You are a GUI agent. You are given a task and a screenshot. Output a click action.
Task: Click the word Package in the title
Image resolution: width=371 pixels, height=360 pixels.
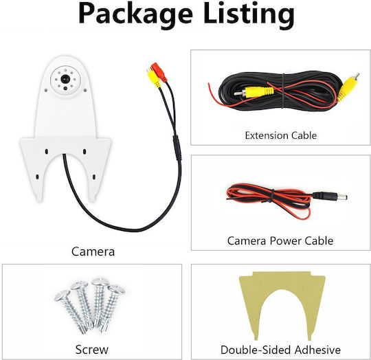[x=135, y=14]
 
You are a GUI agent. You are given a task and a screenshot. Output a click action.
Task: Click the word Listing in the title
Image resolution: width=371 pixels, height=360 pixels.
[x=249, y=14]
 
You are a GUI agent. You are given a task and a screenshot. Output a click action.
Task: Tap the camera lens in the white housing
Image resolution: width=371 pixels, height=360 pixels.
[x=65, y=79]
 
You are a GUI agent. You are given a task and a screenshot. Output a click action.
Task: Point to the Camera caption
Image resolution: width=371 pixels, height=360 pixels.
[x=93, y=251]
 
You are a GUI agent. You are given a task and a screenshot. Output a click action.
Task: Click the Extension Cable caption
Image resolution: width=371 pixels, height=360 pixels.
[x=280, y=135]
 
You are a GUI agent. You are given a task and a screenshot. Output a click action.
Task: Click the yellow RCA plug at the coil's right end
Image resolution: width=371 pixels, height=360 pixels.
[x=348, y=87]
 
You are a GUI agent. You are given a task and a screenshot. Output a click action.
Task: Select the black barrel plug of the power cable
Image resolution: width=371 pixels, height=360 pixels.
[x=330, y=196]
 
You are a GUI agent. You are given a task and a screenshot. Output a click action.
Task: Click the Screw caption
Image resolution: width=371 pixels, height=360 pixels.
[x=92, y=350]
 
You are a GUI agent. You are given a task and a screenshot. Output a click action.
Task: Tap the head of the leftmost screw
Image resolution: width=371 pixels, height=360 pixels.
[x=63, y=295]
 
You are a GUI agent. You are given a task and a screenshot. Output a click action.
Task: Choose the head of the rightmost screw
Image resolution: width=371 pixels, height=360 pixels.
[x=117, y=290]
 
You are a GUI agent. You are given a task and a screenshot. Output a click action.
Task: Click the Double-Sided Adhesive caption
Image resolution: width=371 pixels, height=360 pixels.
[x=280, y=350]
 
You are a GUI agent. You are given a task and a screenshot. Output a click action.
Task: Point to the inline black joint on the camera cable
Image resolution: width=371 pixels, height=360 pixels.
[x=177, y=148]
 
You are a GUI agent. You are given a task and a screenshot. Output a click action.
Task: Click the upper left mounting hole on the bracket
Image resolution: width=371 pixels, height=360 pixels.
[x=47, y=151]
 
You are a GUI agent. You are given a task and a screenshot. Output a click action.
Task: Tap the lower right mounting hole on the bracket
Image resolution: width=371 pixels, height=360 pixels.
[x=94, y=177]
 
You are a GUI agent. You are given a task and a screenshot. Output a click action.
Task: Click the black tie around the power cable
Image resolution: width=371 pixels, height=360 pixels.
[x=272, y=196]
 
